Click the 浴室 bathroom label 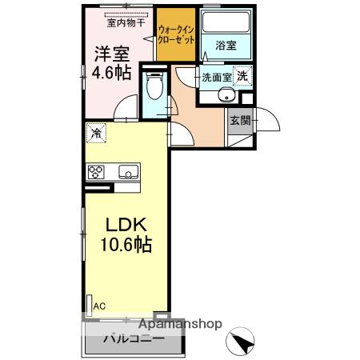(225, 46)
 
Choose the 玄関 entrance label (240, 121)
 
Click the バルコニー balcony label (133, 339)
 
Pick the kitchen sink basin (128, 170)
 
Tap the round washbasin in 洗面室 (227, 97)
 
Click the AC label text (99, 305)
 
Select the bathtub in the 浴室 (225, 24)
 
